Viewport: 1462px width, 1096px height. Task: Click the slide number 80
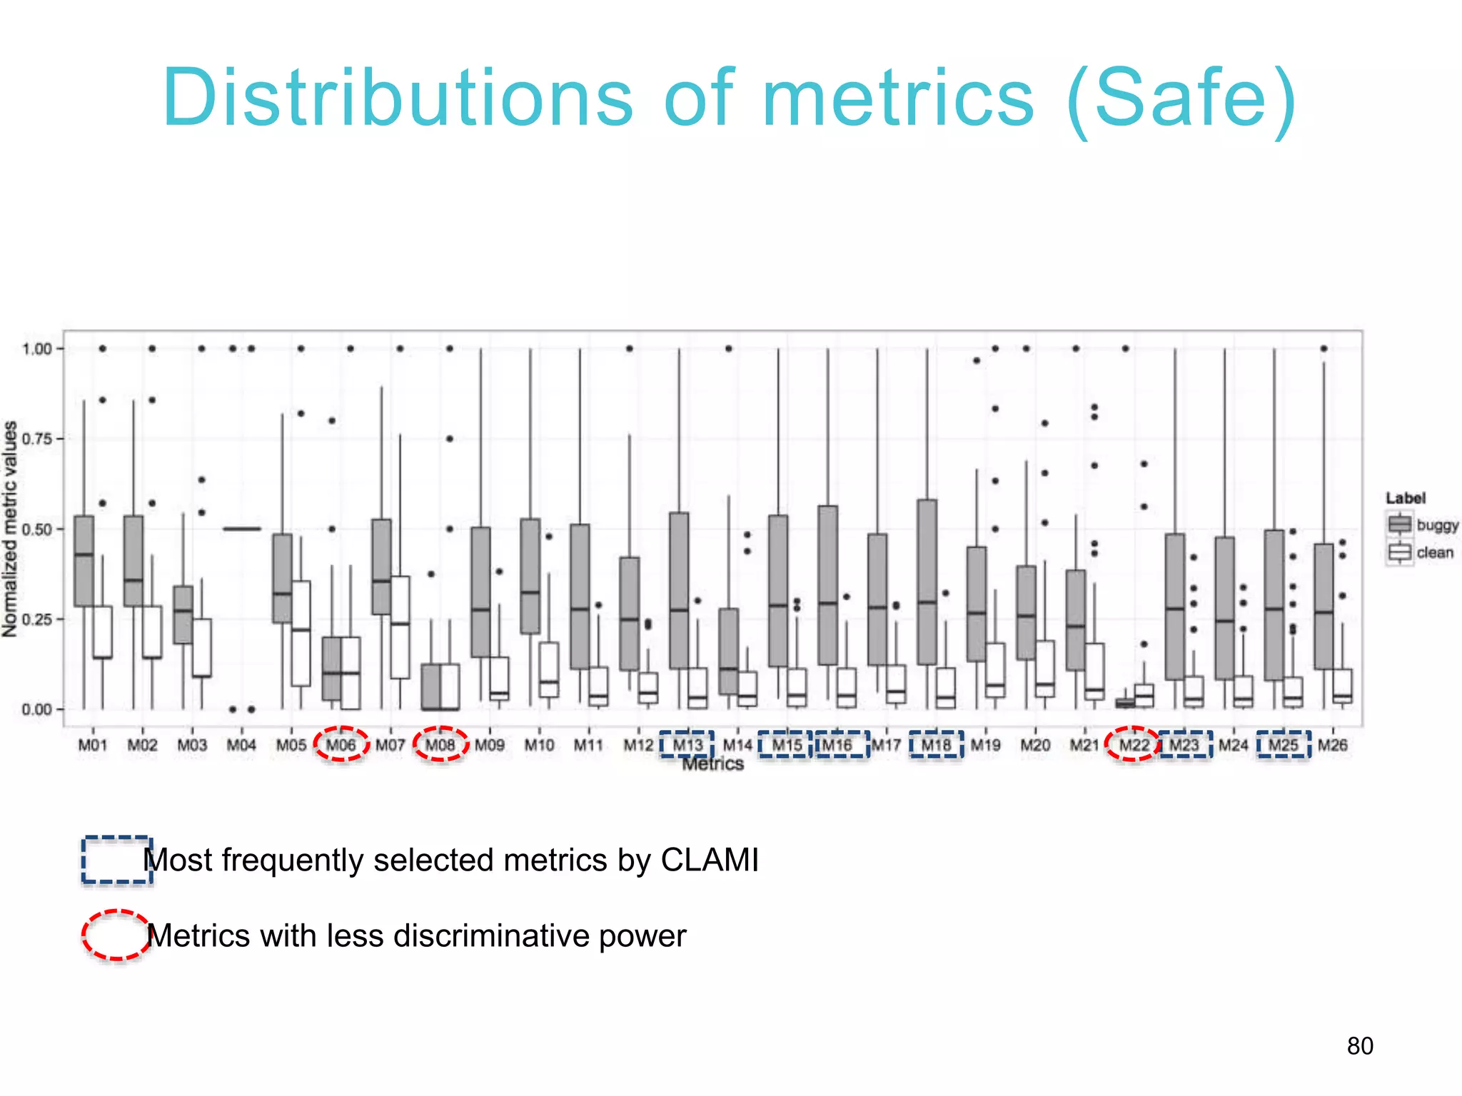(1360, 1046)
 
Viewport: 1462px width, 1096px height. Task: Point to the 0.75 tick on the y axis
(36, 439)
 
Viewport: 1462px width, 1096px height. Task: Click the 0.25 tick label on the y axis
(36, 619)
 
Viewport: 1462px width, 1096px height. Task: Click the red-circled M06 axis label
(341, 745)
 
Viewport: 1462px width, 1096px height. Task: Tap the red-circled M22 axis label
(1134, 745)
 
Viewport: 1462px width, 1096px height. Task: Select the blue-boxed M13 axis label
(687, 745)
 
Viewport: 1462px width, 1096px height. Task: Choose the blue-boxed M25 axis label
(1283, 745)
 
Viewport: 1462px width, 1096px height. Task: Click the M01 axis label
(93, 745)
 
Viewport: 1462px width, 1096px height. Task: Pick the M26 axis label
(1332, 745)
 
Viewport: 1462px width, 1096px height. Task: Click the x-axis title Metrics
(712, 764)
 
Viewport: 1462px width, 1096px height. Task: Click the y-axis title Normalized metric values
(10, 529)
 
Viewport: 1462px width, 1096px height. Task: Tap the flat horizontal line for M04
(241, 529)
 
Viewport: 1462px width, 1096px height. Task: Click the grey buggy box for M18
(927, 582)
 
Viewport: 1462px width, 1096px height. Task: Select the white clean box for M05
(301, 634)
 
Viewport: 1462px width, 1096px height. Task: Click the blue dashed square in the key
(116, 860)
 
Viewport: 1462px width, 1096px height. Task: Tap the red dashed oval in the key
(116, 935)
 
